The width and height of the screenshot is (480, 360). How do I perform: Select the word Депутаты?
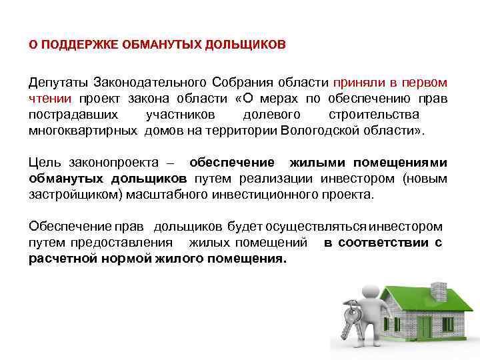point(57,83)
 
